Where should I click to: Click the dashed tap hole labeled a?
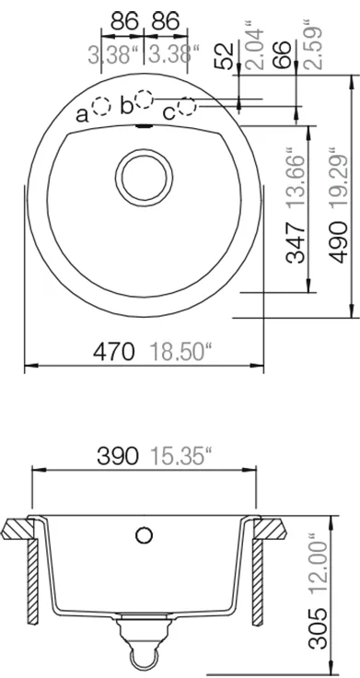click(102, 106)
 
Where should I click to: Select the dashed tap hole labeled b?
click(144, 99)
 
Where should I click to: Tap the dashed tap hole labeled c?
click(187, 106)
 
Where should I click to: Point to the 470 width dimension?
click(113, 351)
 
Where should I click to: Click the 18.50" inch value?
click(177, 351)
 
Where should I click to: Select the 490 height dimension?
click(338, 241)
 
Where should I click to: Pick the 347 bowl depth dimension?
click(296, 242)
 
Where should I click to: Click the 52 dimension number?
click(225, 55)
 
